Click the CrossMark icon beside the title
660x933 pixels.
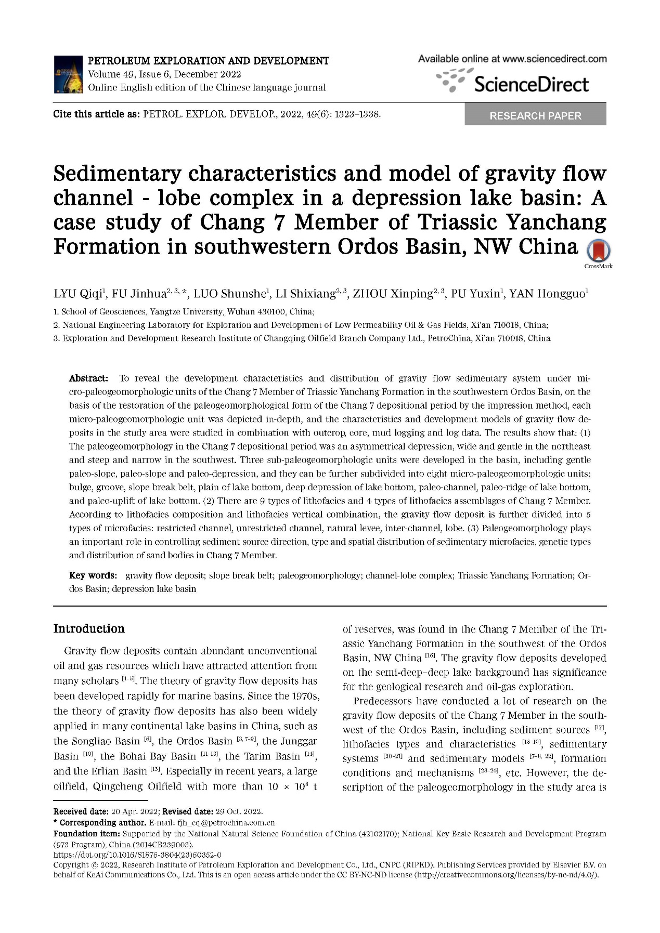coord(598,251)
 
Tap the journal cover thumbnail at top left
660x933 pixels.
coord(68,74)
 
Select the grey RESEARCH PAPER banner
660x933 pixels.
coord(535,115)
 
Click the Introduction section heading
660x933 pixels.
coord(89,629)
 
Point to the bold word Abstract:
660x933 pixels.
coord(88,378)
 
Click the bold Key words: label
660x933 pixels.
coord(93,575)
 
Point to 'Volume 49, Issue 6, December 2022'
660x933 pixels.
coord(164,74)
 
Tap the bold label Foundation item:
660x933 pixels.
coord(86,834)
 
